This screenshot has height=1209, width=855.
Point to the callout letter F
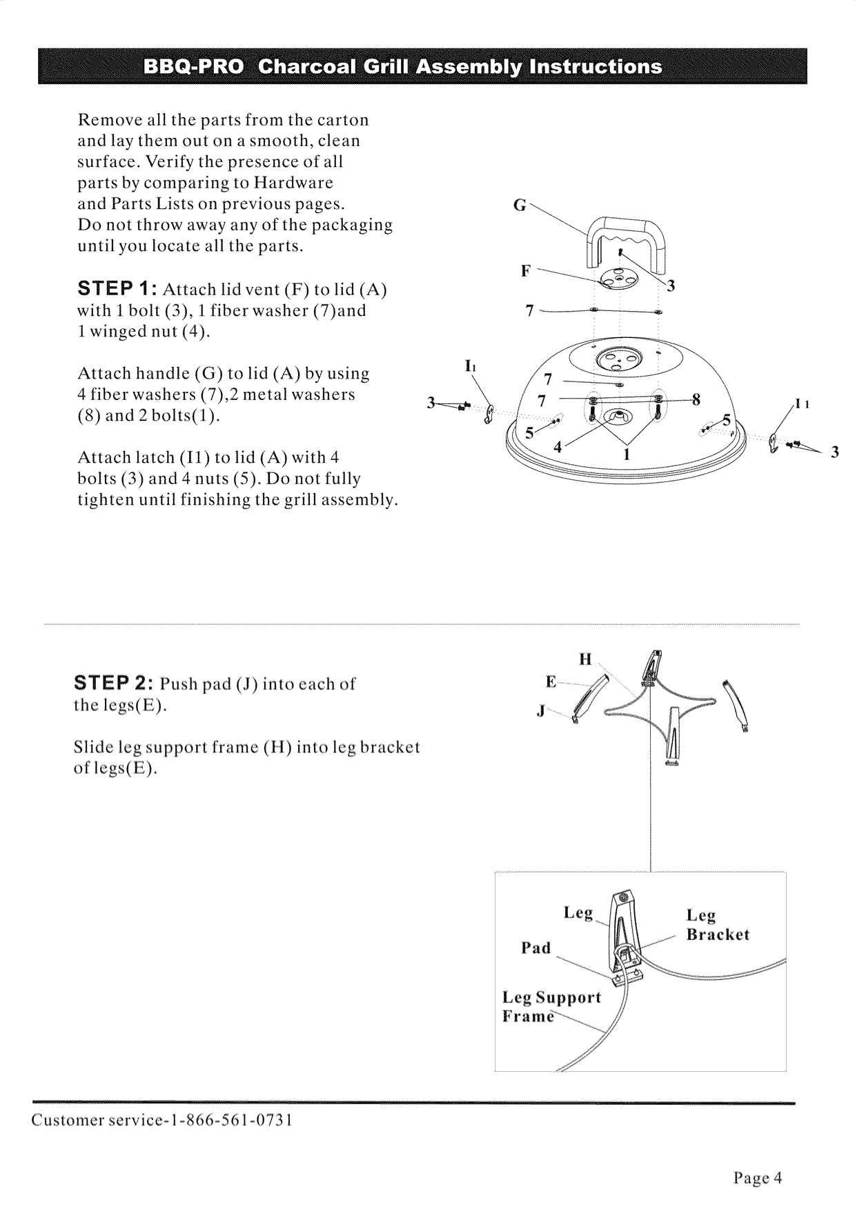coord(526,271)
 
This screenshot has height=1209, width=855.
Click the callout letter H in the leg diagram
coord(585,659)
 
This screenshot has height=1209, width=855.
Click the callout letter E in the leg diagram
coord(551,683)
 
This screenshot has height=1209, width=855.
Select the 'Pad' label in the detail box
coord(535,948)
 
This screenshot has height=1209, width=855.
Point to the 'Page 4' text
coord(758,1177)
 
